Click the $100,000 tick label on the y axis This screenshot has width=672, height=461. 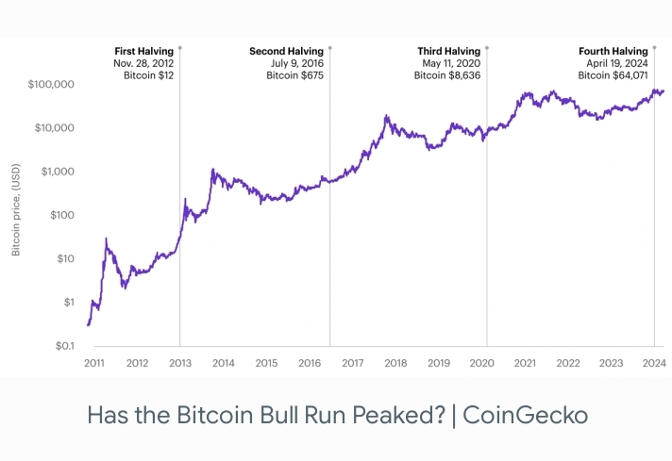click(x=52, y=85)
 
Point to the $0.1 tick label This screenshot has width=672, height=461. click(x=63, y=346)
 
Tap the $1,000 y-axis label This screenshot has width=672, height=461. click(x=57, y=172)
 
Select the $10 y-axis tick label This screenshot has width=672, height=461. click(x=65, y=258)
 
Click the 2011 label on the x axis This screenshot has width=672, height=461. click(x=94, y=363)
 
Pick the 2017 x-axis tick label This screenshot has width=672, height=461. click(x=352, y=363)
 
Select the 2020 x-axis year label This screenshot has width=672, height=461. click(x=481, y=363)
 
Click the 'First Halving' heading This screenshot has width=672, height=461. click(x=144, y=51)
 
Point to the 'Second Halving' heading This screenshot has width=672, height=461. click(x=287, y=51)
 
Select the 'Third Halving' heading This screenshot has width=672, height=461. click(x=448, y=51)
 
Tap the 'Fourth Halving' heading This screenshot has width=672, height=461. click(x=613, y=51)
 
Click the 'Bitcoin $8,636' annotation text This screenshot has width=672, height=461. click(x=447, y=74)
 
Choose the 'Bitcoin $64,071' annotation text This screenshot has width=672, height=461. click(x=613, y=74)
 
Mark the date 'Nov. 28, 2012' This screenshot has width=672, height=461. click(x=144, y=62)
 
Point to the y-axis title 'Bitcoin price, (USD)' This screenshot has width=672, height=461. click(x=16, y=215)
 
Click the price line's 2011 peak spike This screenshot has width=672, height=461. click(x=106, y=239)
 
